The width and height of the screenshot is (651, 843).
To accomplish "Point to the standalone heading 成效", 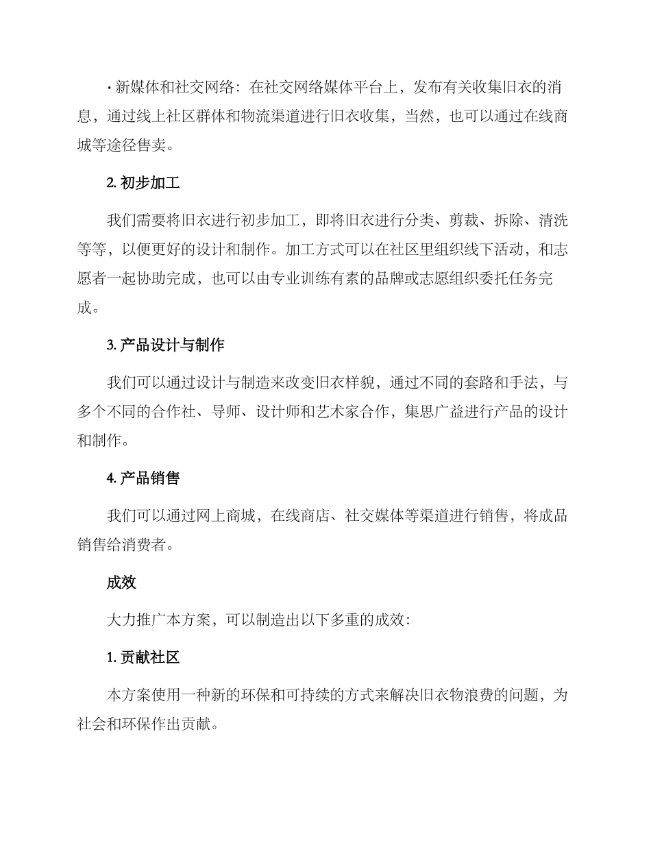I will pos(121,583).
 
